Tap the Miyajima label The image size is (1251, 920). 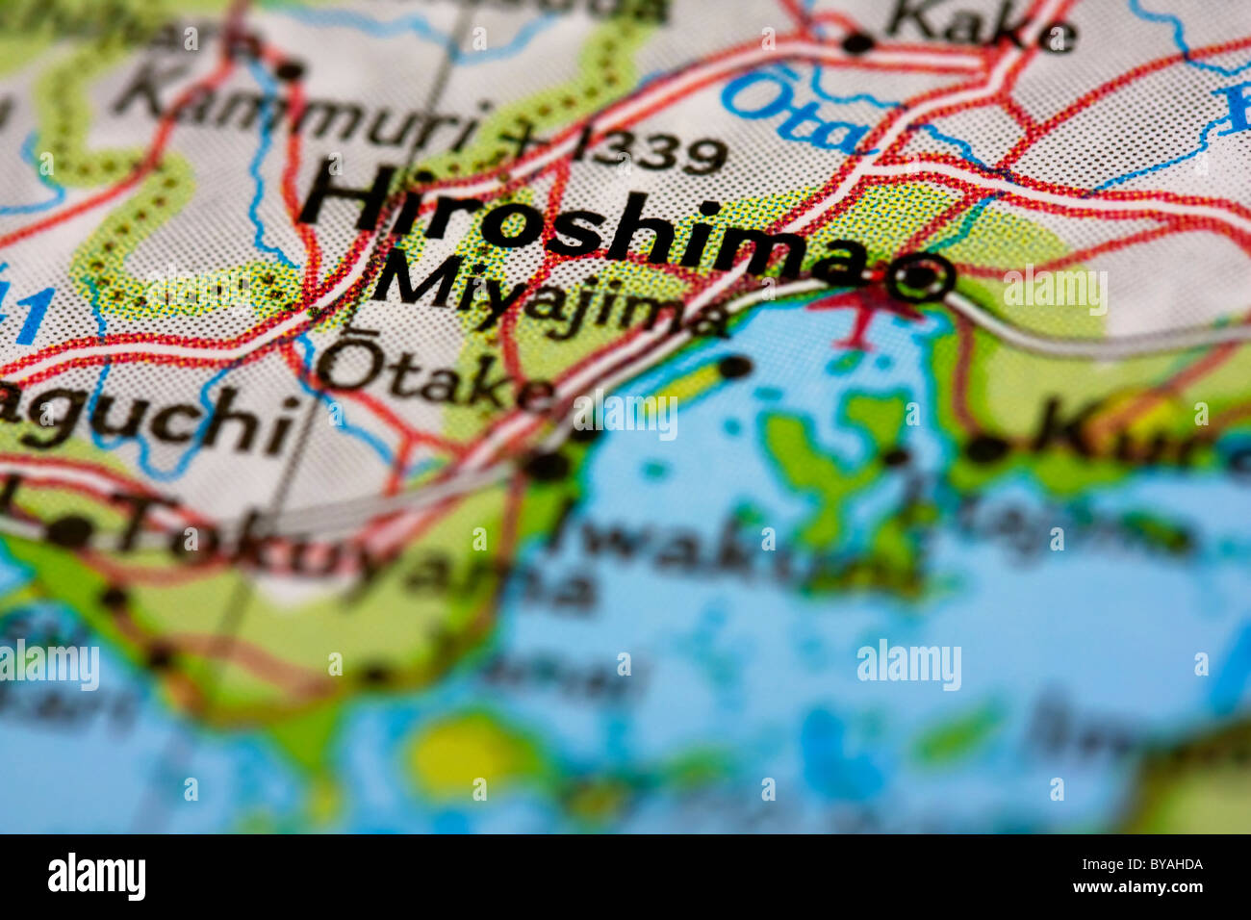549,298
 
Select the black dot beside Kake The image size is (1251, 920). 855,42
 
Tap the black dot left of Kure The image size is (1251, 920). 983,448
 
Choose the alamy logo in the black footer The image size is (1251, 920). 96,877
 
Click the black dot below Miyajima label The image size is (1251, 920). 734,367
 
